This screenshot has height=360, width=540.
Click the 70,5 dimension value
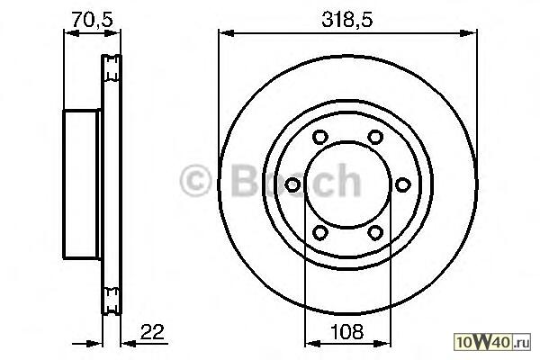93,19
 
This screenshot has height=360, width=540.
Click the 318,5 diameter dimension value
347,19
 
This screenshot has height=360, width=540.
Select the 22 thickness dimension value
153,332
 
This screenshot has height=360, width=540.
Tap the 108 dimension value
346,332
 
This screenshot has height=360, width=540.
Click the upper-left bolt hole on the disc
319,137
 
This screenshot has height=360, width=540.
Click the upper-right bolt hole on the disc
375,137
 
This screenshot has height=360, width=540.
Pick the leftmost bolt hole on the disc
292,184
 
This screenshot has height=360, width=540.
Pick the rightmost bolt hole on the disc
402,184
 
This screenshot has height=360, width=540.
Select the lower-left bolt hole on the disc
319,232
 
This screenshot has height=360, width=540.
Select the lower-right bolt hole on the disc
375,232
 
